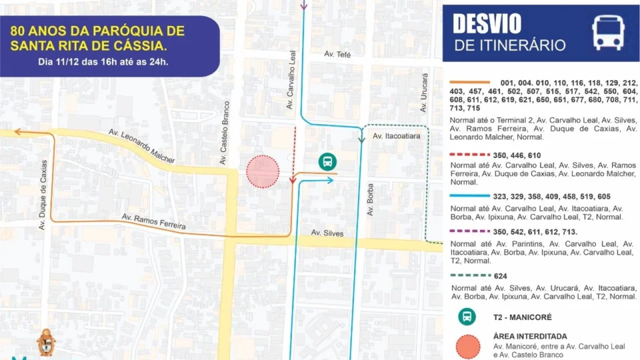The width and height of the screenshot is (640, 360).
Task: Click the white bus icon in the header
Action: tap(608, 33)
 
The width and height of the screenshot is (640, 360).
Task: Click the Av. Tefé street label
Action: tap(337, 54)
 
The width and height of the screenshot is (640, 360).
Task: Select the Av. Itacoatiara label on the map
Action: tap(397, 136)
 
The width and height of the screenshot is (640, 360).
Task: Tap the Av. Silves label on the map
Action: tap(327, 233)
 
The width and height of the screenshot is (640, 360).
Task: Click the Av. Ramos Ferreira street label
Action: tap(153, 223)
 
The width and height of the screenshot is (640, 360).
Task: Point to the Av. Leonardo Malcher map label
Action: tap(142, 146)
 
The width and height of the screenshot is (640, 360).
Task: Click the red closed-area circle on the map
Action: tap(263, 171)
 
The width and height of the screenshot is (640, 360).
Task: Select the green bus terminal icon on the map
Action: tap(327, 161)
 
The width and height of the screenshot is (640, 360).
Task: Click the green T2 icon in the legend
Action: tap(467, 316)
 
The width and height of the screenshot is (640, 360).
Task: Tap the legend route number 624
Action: tap(501, 276)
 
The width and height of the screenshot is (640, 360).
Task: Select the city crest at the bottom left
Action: tap(46, 341)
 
